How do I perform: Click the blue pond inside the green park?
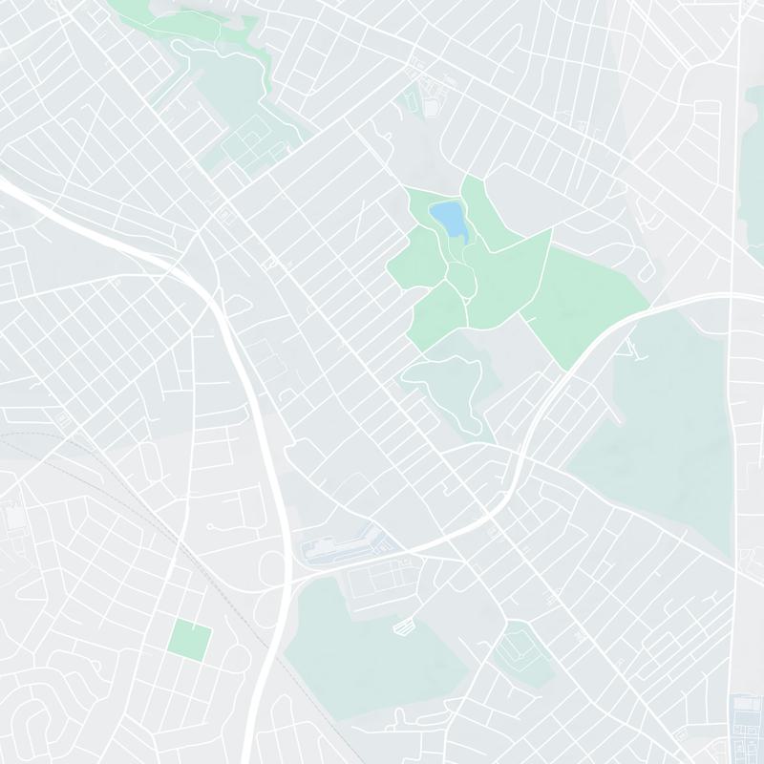click(x=448, y=219)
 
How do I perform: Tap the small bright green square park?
click(x=189, y=638)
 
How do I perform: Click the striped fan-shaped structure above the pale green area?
click(x=405, y=626)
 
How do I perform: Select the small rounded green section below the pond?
click(x=460, y=278)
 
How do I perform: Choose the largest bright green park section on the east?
click(x=583, y=296)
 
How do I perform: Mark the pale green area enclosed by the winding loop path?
click(x=444, y=382)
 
